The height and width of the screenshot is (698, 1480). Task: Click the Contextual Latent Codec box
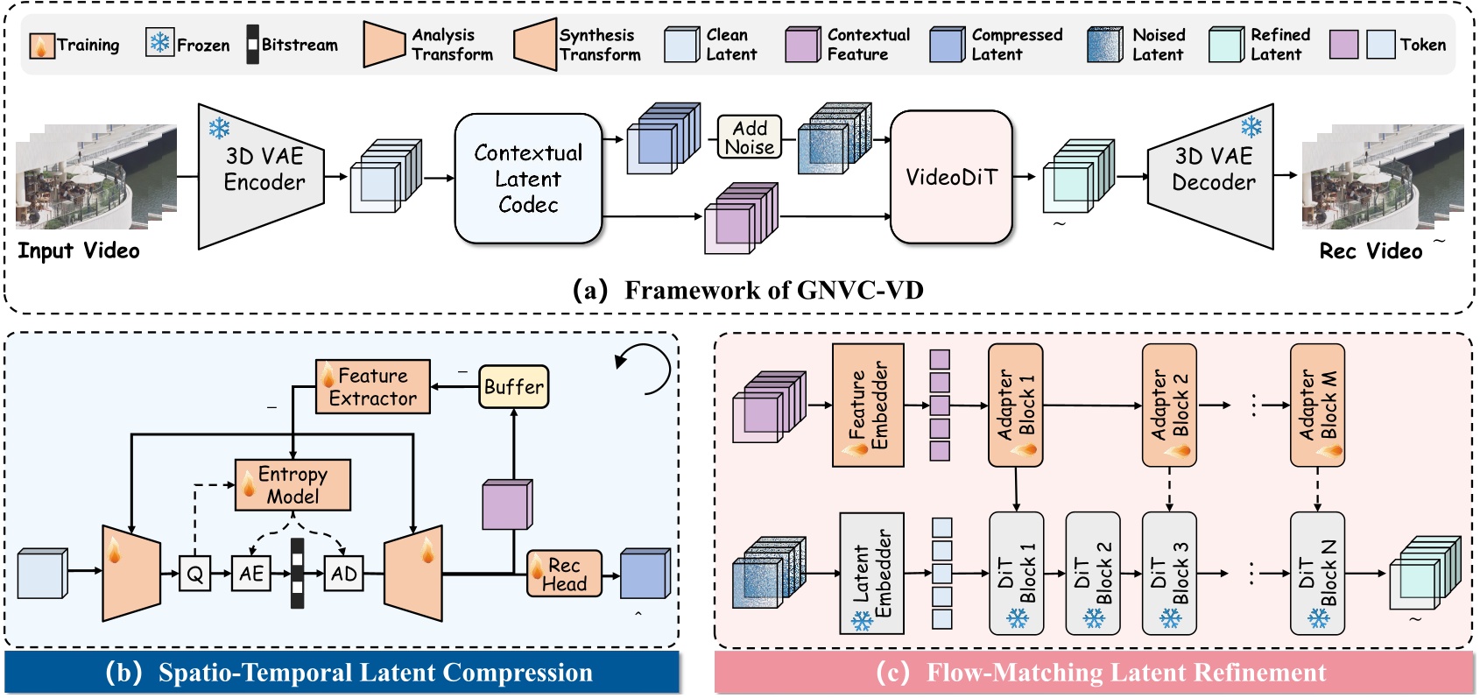(528, 179)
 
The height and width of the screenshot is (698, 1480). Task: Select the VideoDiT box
(951, 177)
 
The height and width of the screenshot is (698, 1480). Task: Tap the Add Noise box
(750, 137)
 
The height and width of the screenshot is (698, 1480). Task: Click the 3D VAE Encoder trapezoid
(262, 175)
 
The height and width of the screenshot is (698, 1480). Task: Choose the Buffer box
(514, 387)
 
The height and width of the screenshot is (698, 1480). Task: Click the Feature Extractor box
(373, 387)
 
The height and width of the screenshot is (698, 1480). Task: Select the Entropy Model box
(293, 485)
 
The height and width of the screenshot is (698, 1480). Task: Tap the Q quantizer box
(194, 574)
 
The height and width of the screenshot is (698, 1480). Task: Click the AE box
(251, 574)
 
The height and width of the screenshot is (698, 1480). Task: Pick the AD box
(344, 574)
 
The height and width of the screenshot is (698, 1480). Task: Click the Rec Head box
(564, 575)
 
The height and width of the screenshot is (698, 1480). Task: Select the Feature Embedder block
(868, 405)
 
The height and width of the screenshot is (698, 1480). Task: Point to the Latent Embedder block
(871, 574)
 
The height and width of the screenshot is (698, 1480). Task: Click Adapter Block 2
(1169, 405)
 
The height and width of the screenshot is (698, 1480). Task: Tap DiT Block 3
(1169, 574)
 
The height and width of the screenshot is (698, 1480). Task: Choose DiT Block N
(1317, 574)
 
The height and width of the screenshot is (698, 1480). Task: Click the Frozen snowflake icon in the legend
(159, 44)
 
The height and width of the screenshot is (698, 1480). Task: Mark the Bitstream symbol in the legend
(252, 44)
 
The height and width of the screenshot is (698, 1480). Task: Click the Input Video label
(79, 251)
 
